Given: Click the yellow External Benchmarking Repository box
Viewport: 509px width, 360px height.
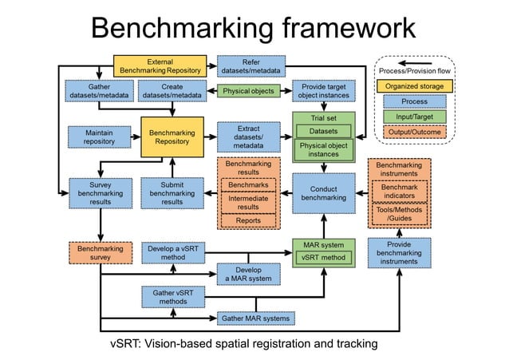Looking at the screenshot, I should click(160, 65).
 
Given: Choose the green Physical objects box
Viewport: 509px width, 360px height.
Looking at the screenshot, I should click(248, 91).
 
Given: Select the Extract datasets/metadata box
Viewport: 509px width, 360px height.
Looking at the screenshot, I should click(249, 136).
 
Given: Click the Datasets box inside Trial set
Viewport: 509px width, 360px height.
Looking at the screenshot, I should click(323, 131).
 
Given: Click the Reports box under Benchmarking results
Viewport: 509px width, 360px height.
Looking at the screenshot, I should click(248, 220).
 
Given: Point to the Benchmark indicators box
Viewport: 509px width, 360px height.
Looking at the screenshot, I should click(398, 192).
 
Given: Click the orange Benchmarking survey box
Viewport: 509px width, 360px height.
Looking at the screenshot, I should click(100, 254).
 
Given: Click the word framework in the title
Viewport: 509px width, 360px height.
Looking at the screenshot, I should click(335, 28).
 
